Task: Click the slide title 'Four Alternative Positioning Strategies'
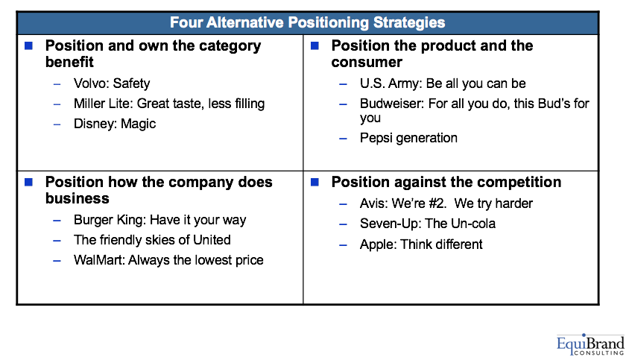[307, 22]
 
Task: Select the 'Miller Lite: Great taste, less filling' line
[169, 104]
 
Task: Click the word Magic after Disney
[138, 124]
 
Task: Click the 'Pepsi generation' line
[408, 138]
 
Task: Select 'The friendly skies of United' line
[152, 240]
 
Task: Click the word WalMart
[99, 260]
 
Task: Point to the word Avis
[373, 203]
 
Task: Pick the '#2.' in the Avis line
[437, 203]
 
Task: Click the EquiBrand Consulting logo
[590, 344]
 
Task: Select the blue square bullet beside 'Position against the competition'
[315, 182]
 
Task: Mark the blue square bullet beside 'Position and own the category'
[28, 45]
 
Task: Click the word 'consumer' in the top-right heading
[367, 62]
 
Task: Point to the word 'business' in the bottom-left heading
[77, 199]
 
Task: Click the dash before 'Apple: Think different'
[343, 244]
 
